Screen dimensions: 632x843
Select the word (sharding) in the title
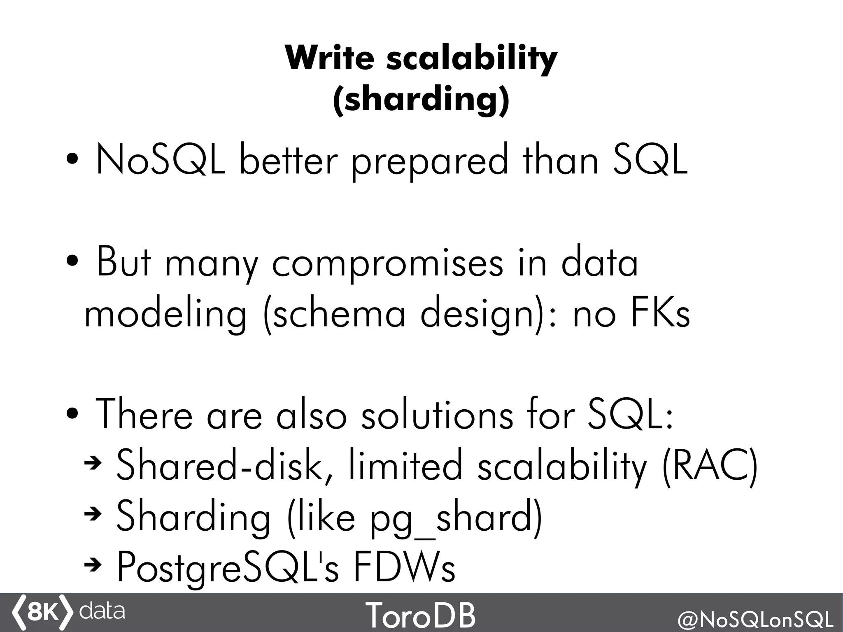point(421,99)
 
